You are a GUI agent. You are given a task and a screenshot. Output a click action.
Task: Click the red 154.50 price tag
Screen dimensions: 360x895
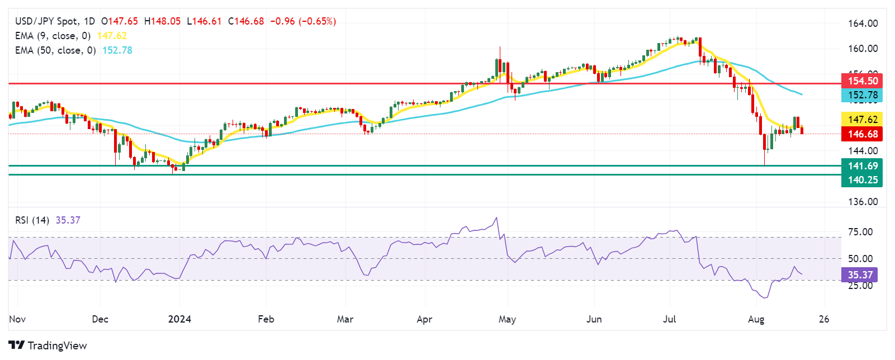click(x=862, y=81)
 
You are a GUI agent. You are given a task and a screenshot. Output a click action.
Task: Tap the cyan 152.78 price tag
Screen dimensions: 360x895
click(x=862, y=96)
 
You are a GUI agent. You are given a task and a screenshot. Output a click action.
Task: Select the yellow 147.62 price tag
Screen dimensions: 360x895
click(x=862, y=120)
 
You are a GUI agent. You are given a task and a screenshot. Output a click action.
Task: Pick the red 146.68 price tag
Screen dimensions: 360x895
click(x=862, y=134)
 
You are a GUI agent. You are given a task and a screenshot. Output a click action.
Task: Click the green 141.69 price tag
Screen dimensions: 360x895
click(x=862, y=166)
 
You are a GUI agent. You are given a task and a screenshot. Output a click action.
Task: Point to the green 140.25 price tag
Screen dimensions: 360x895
click(x=862, y=180)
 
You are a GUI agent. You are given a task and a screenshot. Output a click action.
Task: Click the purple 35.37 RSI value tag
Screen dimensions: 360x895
click(x=860, y=275)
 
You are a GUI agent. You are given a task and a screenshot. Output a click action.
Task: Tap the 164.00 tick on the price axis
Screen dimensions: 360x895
click(x=863, y=23)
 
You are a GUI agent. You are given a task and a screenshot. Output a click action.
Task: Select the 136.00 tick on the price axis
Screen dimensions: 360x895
click(x=863, y=202)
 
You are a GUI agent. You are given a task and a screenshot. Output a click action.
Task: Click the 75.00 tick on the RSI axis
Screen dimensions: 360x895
click(x=860, y=232)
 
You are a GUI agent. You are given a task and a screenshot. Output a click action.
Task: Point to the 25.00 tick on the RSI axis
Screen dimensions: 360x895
click(x=860, y=286)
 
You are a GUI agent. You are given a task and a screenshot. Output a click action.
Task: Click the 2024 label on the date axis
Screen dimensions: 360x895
click(x=180, y=319)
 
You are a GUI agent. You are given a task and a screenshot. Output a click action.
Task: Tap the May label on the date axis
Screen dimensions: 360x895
click(x=507, y=319)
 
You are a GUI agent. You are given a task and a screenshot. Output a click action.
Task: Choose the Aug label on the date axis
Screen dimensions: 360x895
click(x=756, y=319)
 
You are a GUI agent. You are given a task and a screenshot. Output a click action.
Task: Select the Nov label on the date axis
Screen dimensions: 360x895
click(x=17, y=319)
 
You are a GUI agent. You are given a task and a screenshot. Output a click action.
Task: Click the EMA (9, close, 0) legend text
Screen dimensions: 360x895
click(x=53, y=36)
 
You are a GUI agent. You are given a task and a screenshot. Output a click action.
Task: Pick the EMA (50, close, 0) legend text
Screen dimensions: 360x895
click(x=55, y=50)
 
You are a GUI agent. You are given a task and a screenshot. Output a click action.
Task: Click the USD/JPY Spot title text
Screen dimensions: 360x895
click(x=46, y=21)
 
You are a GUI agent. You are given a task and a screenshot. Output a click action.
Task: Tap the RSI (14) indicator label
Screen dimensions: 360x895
click(x=32, y=220)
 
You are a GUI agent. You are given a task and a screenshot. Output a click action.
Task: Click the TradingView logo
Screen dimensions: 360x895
click(x=48, y=345)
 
